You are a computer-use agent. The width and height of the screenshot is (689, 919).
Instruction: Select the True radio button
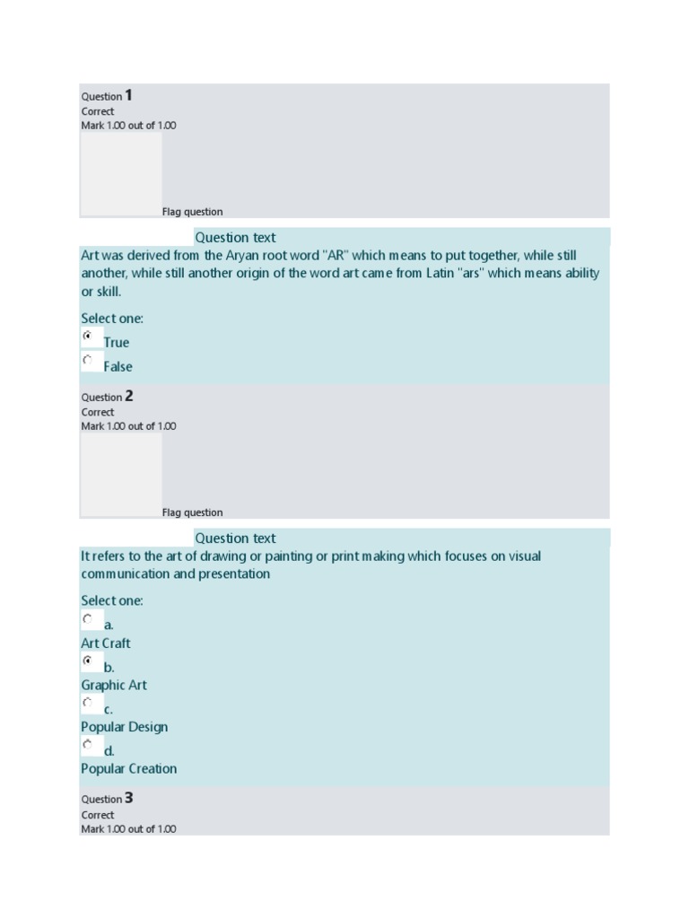point(88,336)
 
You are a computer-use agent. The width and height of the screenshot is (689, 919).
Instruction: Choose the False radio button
point(88,360)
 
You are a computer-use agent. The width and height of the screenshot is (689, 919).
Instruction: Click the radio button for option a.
point(88,618)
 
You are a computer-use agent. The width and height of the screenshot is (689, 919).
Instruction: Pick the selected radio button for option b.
point(88,661)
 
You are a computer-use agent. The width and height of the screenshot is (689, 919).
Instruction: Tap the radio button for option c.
point(88,703)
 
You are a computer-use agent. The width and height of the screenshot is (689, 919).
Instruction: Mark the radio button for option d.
point(88,744)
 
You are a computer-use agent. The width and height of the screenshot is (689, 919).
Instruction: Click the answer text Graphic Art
point(114,686)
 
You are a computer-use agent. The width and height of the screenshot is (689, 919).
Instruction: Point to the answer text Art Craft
point(106,643)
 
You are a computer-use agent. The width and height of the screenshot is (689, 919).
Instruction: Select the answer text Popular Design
point(124,727)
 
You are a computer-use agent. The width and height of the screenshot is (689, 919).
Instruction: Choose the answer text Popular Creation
point(129,769)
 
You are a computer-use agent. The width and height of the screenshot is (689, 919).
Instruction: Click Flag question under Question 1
point(192,212)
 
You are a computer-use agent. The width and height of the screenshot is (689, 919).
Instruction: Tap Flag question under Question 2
point(192,512)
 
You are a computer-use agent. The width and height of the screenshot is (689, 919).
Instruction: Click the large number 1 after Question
point(129,95)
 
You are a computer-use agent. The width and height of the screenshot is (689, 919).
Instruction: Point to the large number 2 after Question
point(129,396)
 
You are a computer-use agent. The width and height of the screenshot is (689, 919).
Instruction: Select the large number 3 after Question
point(129,798)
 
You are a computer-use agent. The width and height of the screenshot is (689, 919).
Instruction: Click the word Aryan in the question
point(242,256)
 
